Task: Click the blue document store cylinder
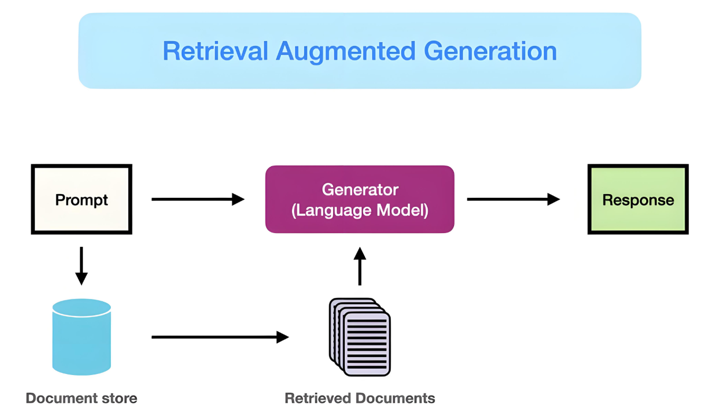click(81, 343)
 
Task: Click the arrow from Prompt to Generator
click(198, 199)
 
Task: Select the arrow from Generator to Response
click(513, 199)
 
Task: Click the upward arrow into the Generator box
click(360, 266)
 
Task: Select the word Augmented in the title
click(346, 51)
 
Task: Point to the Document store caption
click(81, 398)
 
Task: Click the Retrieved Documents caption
click(360, 398)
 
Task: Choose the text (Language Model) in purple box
click(360, 210)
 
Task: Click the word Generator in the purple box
click(360, 190)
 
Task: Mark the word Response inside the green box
click(638, 200)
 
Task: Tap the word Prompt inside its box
click(81, 200)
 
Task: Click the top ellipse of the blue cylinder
click(81, 307)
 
